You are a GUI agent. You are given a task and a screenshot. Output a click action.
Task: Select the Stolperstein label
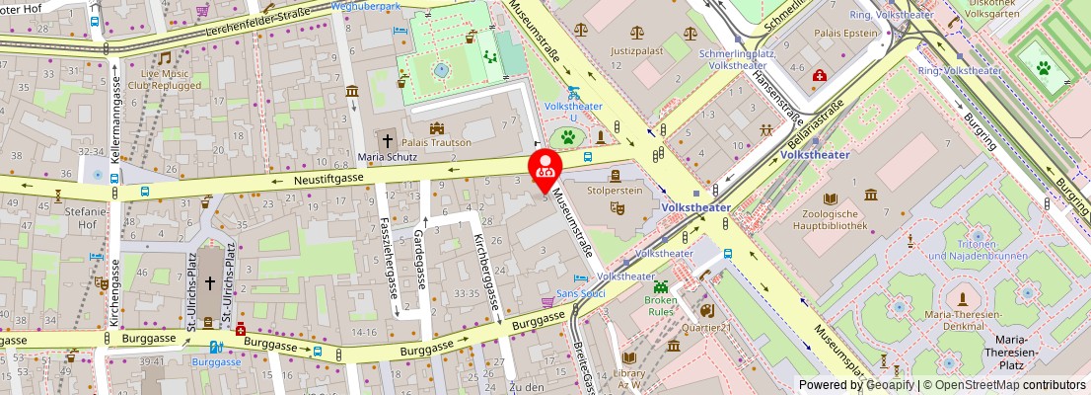pyautogui.click(x=614, y=189)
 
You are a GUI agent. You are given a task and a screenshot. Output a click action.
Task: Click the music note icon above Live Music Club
pyautogui.click(x=164, y=57)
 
